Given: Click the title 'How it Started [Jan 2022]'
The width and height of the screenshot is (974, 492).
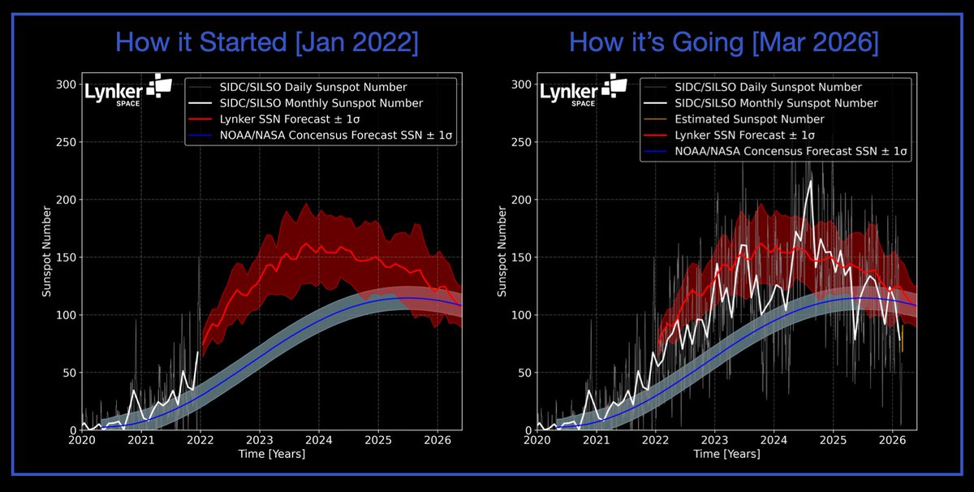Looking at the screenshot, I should point(268,42).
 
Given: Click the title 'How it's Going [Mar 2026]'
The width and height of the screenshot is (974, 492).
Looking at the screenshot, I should point(723,42).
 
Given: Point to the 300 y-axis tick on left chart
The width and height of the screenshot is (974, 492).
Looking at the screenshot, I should point(66,84).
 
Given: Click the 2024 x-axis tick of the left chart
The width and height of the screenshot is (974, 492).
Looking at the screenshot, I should point(319,441).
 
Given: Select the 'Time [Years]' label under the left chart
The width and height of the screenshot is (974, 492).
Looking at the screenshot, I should point(272,454).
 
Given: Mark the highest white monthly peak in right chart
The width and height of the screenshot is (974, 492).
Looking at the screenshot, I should point(809,181).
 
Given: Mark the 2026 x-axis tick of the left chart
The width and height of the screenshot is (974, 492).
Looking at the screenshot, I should point(437,441).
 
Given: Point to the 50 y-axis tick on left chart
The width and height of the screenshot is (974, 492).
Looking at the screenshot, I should point(68,373).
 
